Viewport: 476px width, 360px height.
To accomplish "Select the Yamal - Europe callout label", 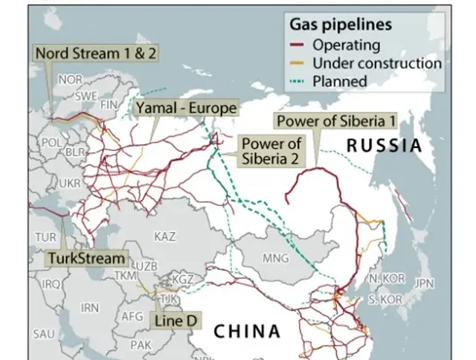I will [x=186, y=109].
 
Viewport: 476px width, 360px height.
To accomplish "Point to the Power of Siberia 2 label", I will [x=271, y=150].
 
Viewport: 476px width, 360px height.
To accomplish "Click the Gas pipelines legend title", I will [x=341, y=25].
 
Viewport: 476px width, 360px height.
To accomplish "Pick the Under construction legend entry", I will [x=376, y=62].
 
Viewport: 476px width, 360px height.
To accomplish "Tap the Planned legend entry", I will [x=340, y=80].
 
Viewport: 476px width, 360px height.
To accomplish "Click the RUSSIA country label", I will [x=384, y=146].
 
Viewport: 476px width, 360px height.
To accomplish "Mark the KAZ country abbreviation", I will [x=165, y=236].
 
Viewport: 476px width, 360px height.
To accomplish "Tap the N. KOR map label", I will [x=387, y=278].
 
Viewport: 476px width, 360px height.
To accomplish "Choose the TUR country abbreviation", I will [x=45, y=237].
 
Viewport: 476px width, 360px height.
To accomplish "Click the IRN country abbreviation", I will [x=89, y=307].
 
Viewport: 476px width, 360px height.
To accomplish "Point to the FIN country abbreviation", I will [x=110, y=105].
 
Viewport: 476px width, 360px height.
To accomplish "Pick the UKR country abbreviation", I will [x=69, y=182].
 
